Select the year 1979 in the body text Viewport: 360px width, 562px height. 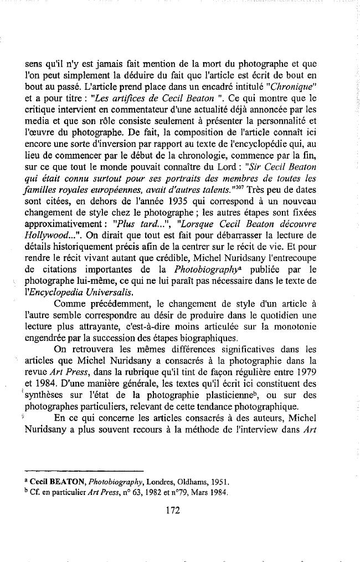click(305, 369)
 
